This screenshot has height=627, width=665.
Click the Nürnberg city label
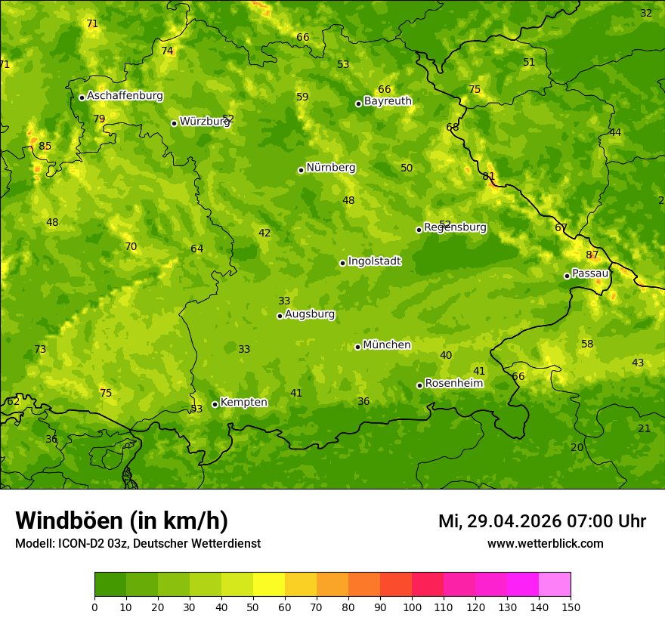[x=330, y=168]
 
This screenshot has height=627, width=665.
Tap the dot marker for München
[x=358, y=347]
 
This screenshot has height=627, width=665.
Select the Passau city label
[x=590, y=273]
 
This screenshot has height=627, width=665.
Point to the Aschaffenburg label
[x=125, y=96]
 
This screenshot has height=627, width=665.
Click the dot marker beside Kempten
[x=215, y=404]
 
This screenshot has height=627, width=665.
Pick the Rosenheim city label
[x=453, y=384]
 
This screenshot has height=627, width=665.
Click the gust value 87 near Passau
[x=592, y=255]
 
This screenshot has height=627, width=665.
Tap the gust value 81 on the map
[x=489, y=177]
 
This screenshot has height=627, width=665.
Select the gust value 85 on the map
[x=45, y=147]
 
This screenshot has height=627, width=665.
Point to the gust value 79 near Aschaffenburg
[x=99, y=119]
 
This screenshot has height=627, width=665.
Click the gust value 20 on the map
[x=577, y=448]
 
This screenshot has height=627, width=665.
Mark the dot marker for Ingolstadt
[x=343, y=263]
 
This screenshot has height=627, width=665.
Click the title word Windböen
[x=70, y=521]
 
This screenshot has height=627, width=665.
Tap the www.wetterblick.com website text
[x=545, y=544]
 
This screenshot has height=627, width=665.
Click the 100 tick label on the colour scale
[x=412, y=607]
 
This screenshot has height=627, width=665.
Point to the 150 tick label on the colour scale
[x=571, y=607]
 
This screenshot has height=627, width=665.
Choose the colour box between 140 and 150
[x=555, y=585]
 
